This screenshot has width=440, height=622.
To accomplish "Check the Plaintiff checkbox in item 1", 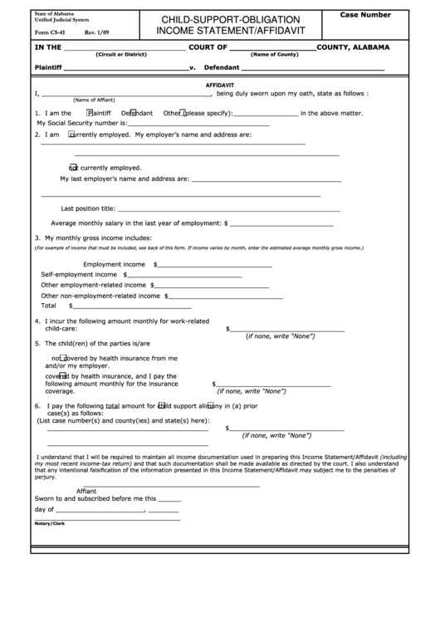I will click(89, 112).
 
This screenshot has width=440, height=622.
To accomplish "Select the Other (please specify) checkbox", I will click(179, 112).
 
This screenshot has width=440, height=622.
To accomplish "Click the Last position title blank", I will click(186, 209).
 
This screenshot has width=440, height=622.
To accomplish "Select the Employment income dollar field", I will click(214, 266).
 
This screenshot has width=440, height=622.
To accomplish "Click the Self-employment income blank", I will click(184, 275).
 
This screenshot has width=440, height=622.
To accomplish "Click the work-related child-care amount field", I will click(287, 330).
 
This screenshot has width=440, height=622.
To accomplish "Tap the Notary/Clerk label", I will click(50, 523).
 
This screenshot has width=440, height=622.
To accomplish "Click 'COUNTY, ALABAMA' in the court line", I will click(353, 47).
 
